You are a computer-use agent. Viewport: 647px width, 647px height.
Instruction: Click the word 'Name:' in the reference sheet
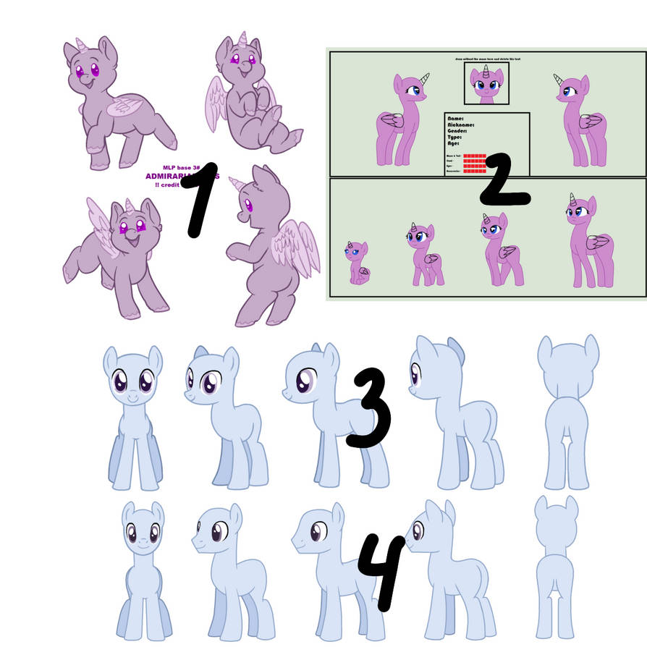(x=455, y=118)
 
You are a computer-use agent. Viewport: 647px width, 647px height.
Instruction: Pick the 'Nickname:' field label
(x=461, y=124)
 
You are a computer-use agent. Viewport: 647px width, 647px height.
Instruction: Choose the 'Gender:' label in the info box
(x=459, y=131)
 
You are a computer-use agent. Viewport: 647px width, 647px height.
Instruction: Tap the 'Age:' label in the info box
(x=454, y=144)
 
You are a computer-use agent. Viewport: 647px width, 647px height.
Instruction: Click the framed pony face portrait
(x=486, y=83)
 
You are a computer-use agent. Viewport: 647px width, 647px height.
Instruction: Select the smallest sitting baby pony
(x=358, y=264)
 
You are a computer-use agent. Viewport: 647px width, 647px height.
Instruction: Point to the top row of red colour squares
(x=474, y=156)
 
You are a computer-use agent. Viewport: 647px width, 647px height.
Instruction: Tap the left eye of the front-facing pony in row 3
(x=119, y=381)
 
